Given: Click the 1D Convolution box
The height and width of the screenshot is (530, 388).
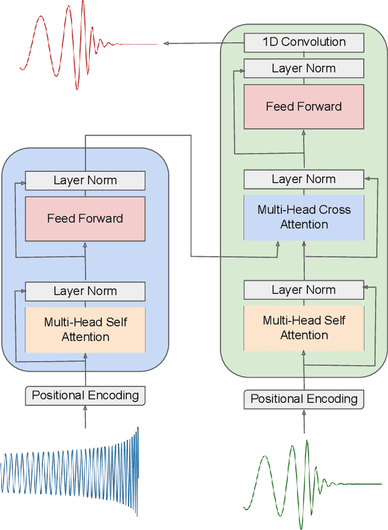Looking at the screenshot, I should (x=304, y=42).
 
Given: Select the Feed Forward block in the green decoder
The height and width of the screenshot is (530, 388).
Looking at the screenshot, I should (x=304, y=107).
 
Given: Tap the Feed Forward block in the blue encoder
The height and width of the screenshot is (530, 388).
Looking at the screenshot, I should (x=85, y=219).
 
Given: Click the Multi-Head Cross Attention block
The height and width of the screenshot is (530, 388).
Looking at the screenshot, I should (x=304, y=217).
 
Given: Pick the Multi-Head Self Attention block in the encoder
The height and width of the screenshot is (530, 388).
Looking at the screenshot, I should (x=85, y=329).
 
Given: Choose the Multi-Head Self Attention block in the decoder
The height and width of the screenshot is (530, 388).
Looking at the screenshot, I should (x=304, y=328).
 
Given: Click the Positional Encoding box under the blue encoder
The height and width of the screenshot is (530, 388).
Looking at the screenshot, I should (x=85, y=396).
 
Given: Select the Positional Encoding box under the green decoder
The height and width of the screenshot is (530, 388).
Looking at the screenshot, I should (x=304, y=399).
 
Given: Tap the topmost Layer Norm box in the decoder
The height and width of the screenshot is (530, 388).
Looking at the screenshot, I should (x=304, y=68).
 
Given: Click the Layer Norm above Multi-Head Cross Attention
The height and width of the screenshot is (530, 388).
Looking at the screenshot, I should (x=304, y=179).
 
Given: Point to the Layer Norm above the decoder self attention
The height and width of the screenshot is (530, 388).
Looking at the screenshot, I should (x=304, y=290).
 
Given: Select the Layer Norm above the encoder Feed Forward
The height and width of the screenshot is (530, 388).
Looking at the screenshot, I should (x=85, y=181).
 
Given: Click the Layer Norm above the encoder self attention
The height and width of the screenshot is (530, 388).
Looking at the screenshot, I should (x=85, y=291).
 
